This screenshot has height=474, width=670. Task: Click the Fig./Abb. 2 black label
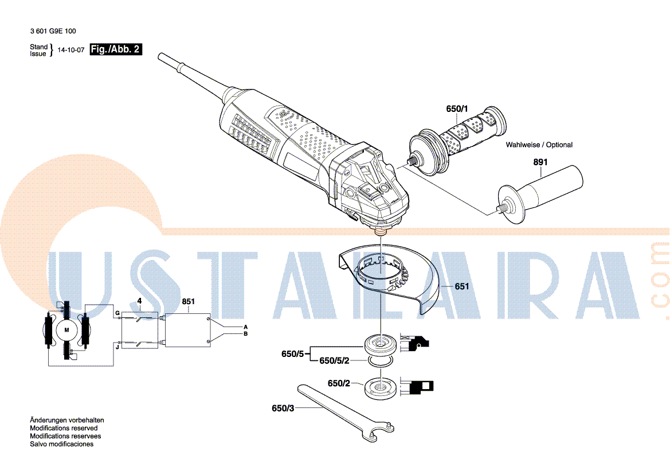pyautogui.click(x=116, y=49)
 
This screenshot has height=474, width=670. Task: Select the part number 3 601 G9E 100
pyautogui.click(x=53, y=31)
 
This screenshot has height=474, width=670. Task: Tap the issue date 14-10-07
pyautogui.click(x=71, y=49)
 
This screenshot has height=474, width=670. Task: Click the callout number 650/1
pyautogui.click(x=457, y=108)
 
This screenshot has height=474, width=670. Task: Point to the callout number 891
pyautogui.click(x=540, y=162)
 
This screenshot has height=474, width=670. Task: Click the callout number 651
pyautogui.click(x=462, y=286)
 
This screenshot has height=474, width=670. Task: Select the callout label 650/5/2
pyautogui.click(x=334, y=360)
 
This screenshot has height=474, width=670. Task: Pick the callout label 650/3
pyautogui.click(x=283, y=408)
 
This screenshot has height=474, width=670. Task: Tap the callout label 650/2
pyautogui.click(x=339, y=383)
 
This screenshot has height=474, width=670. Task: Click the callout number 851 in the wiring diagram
pyautogui.click(x=189, y=302)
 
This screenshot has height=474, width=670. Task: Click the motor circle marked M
pyautogui.click(x=66, y=330)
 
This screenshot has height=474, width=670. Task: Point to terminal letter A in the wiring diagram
pyautogui.click(x=245, y=327)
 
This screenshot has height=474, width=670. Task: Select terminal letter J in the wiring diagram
pyautogui.click(x=117, y=347)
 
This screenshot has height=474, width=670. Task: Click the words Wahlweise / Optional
pyautogui.click(x=539, y=145)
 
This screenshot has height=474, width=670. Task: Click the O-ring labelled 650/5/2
pyautogui.click(x=381, y=362)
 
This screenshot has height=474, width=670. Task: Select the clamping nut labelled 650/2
pyautogui.click(x=380, y=387)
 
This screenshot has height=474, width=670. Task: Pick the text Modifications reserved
pyautogui.click(x=64, y=428)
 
